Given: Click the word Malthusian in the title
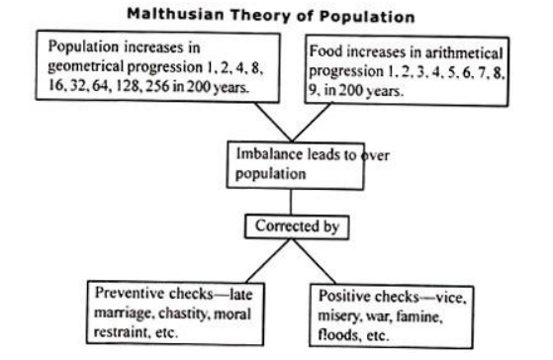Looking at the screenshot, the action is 175,15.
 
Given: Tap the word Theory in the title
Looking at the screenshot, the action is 261,16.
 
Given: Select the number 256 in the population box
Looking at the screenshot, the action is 157,86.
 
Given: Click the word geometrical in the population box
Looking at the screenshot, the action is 86,67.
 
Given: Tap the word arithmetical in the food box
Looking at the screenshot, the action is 464,53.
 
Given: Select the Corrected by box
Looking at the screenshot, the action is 297,226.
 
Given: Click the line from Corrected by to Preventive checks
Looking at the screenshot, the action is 268,261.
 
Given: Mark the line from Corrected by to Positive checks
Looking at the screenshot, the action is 314,261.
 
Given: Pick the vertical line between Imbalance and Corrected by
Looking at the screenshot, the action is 291,202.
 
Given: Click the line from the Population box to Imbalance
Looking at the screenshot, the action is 273,122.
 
